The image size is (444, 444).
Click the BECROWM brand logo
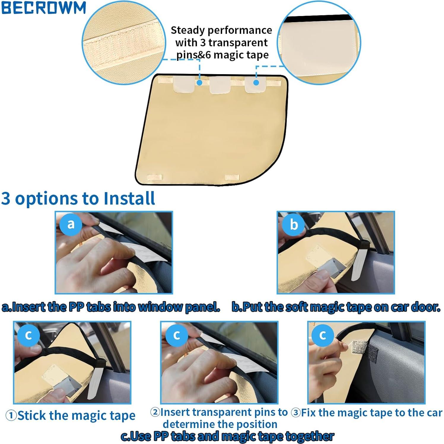point(43,8)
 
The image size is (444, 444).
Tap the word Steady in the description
point(188,30)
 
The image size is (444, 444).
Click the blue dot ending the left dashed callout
point(200,83)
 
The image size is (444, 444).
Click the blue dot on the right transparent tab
point(256,82)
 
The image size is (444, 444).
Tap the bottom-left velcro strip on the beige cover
point(155,177)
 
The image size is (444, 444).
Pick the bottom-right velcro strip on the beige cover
point(232,177)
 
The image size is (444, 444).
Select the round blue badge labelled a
point(71,224)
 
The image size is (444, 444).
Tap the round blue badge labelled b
point(293,225)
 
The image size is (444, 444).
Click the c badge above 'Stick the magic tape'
point(28,335)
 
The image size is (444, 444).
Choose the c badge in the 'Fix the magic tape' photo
point(323,335)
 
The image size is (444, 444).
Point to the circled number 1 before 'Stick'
point(11,416)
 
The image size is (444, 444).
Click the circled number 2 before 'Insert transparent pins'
point(155,412)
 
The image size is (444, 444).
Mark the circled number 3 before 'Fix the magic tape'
point(296,413)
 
